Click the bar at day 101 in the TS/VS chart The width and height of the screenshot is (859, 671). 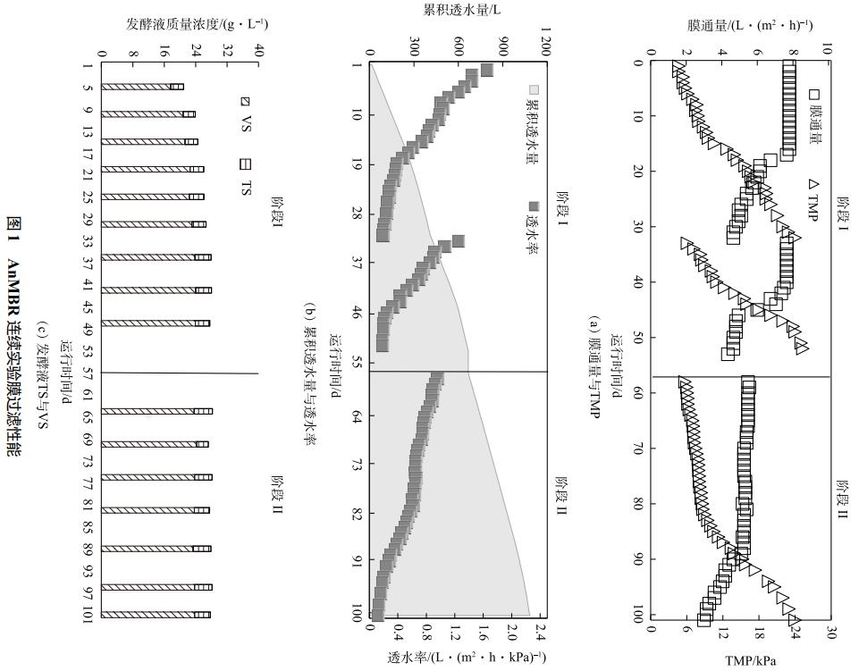156,615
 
